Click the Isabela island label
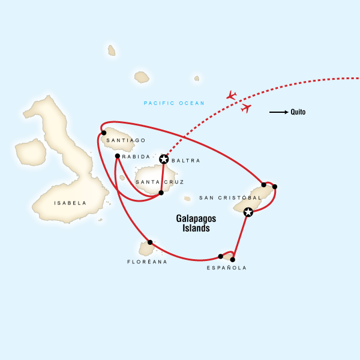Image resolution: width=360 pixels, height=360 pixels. [70, 203]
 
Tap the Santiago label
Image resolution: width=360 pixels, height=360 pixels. [125, 140]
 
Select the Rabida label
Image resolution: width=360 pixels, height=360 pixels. [132, 157]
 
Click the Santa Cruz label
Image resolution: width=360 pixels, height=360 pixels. [160, 182]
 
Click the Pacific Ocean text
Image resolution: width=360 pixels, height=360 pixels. [174, 103]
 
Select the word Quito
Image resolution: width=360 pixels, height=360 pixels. [298, 112]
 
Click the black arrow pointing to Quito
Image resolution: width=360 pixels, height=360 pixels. [278, 112]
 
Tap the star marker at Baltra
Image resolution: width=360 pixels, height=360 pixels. [164, 159]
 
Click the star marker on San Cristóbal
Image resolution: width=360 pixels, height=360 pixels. [248, 211]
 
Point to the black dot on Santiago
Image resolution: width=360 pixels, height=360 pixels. [104, 133]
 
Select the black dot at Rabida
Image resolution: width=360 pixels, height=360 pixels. [118, 156]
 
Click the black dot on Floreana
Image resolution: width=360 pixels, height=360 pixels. [151, 242]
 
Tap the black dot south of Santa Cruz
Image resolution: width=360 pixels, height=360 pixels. [161, 193]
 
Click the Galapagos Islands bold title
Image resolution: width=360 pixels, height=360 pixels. [197, 223]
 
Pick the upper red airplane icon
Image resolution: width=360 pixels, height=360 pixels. [232, 95]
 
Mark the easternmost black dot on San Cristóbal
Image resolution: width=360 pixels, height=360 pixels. [274, 187]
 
